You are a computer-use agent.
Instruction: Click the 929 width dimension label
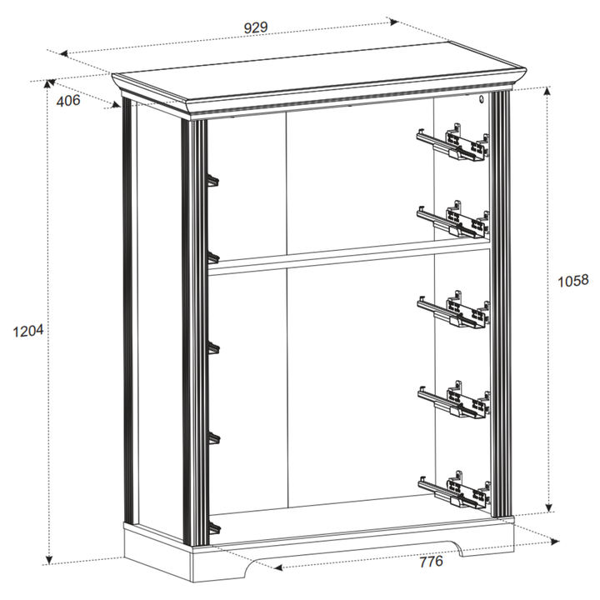point(256,28)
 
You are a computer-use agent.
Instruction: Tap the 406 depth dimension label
point(68,101)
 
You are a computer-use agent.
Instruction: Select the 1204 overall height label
point(28,331)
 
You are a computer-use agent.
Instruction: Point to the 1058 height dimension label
point(572,282)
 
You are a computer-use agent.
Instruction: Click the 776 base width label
point(432,562)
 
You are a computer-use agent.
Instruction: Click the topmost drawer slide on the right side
point(453,142)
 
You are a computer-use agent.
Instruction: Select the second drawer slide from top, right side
point(453,219)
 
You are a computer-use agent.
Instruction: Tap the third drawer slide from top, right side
point(453,309)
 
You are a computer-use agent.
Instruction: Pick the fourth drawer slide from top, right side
point(454,400)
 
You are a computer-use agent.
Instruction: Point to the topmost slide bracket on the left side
point(212,181)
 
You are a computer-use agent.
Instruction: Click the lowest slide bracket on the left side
point(214,528)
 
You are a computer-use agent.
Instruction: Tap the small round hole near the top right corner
point(482,99)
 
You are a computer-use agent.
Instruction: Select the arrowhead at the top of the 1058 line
point(547,91)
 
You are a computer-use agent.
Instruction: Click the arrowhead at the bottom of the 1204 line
point(49,559)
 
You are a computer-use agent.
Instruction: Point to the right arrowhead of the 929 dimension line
point(394,22)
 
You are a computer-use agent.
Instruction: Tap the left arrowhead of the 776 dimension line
point(278,567)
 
